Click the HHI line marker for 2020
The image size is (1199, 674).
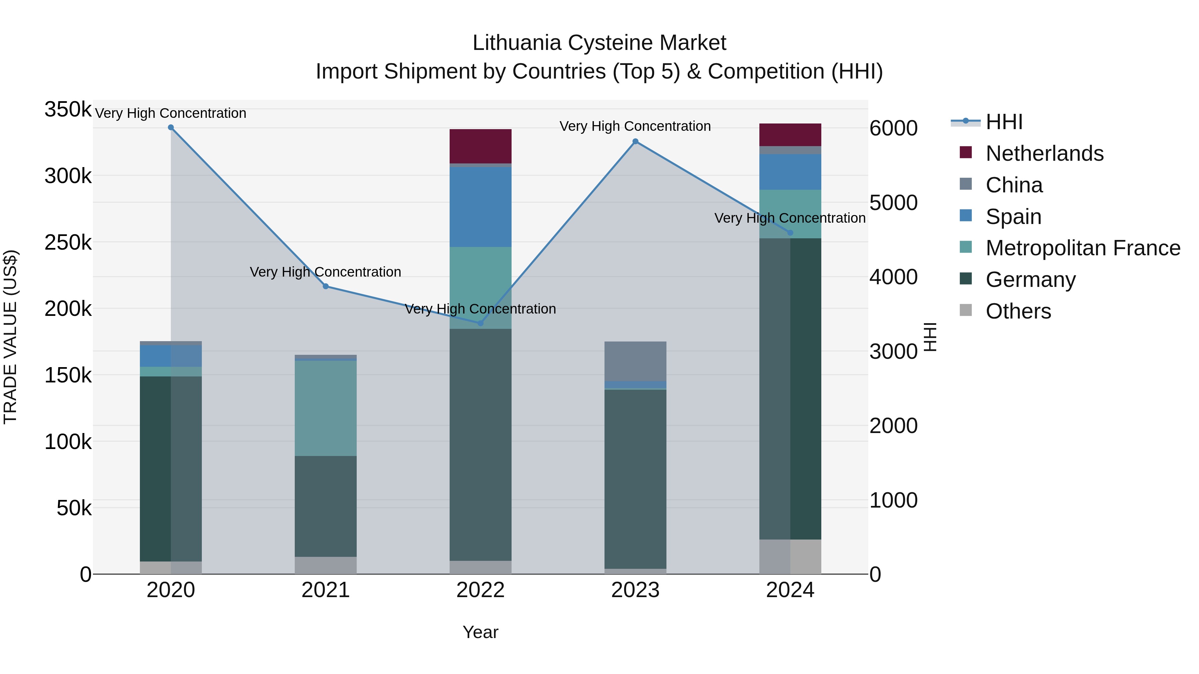coord(171,127)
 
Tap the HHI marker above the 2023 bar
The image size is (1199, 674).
coord(635,141)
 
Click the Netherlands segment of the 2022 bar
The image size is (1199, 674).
coord(480,146)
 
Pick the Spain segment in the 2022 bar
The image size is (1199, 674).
coord(480,207)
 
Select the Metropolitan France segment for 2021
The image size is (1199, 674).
coord(326,408)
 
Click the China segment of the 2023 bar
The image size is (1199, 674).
coord(635,361)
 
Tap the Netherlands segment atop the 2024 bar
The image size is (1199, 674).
coord(790,135)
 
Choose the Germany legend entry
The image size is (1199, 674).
coord(1030,280)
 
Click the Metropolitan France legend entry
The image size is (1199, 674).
coord(1083,248)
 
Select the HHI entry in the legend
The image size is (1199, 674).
coord(1004,122)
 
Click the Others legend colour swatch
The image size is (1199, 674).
coord(966,310)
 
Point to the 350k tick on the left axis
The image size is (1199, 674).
coord(68,110)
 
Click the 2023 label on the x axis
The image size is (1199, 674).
coord(635,590)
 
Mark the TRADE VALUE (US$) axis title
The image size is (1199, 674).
coord(10,337)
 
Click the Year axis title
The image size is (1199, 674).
coord(480,632)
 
